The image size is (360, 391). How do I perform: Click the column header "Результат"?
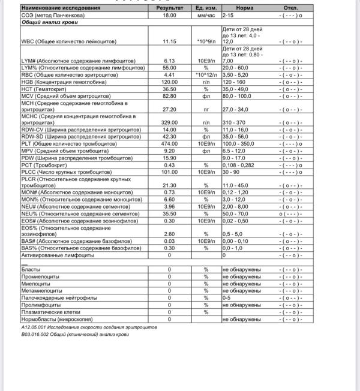click(170, 8)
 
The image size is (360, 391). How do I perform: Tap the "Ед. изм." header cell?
click(205, 8)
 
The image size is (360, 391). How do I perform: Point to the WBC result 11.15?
click(170, 41)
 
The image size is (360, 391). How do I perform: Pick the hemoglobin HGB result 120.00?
click(170, 82)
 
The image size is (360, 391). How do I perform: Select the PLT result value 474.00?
click(170, 144)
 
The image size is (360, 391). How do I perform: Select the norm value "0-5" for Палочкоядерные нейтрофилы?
click(226, 297)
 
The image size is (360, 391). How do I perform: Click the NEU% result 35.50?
click(170, 213)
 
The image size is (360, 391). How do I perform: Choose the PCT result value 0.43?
click(170, 166)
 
